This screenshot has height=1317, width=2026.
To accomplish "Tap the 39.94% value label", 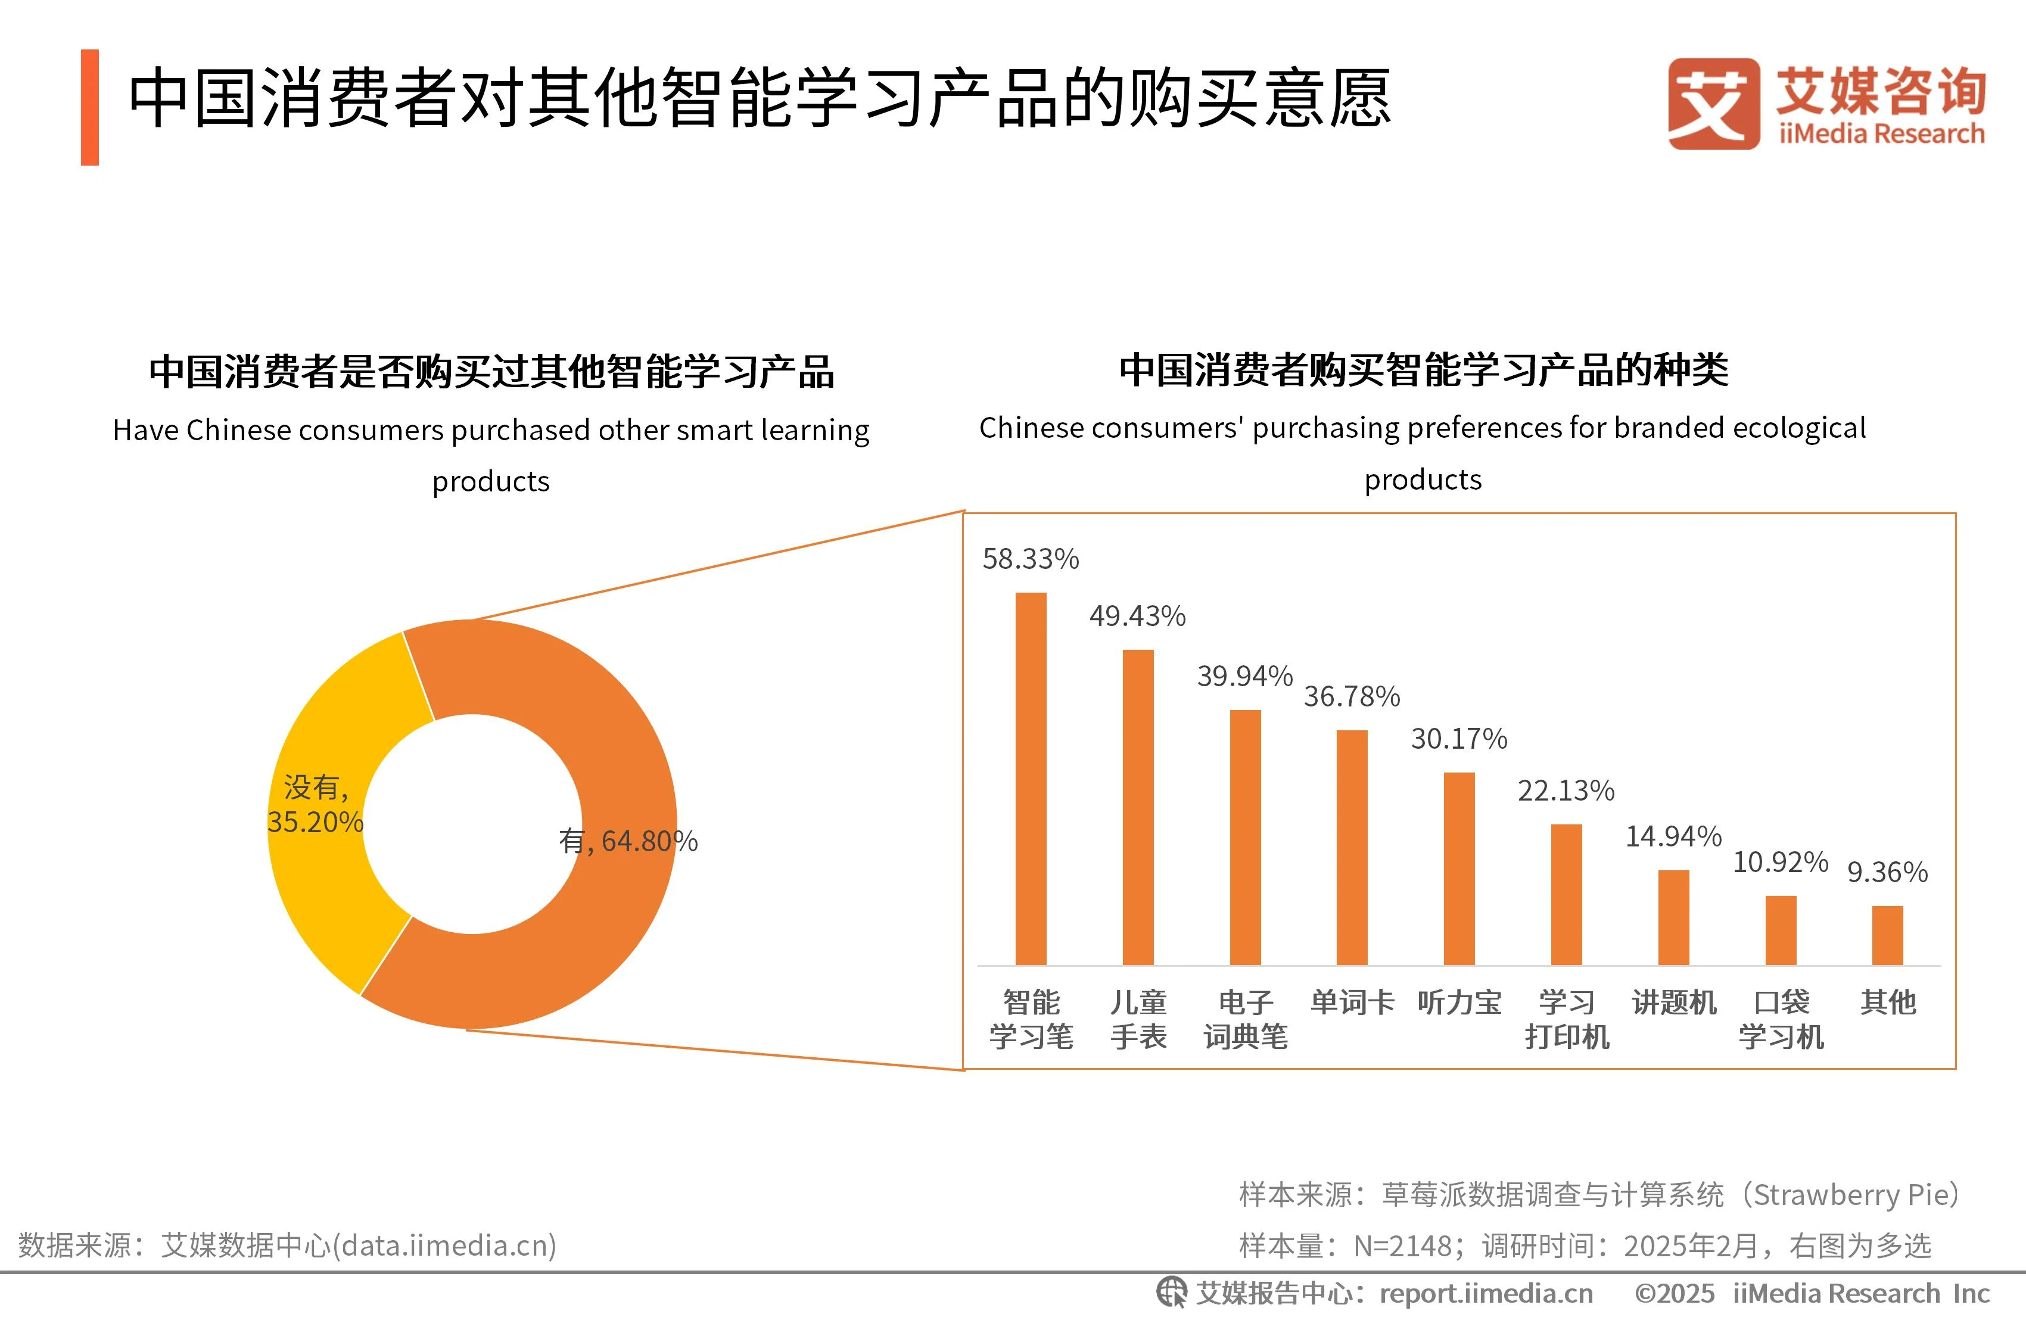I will pos(1244,676).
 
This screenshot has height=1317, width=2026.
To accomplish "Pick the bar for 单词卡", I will pos(1352,847).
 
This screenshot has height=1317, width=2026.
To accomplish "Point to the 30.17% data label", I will pos(1458,738).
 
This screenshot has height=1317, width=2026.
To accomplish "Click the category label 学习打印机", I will pos(1566,1019).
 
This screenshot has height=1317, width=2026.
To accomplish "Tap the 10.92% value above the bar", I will pos(1780,863).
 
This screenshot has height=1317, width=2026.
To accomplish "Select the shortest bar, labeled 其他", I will pos(1887,935).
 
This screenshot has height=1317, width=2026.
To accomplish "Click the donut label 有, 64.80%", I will pos(628,841).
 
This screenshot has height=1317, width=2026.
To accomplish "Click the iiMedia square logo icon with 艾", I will pos(1713,104).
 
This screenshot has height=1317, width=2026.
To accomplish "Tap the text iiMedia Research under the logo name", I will pos(1881,133).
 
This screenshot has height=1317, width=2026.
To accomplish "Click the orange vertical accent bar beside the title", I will pos(89,107).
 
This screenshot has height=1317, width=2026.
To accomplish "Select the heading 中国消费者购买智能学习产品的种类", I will pos(1423,370).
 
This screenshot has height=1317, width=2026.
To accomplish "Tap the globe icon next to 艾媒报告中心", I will pos(1171,1293).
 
